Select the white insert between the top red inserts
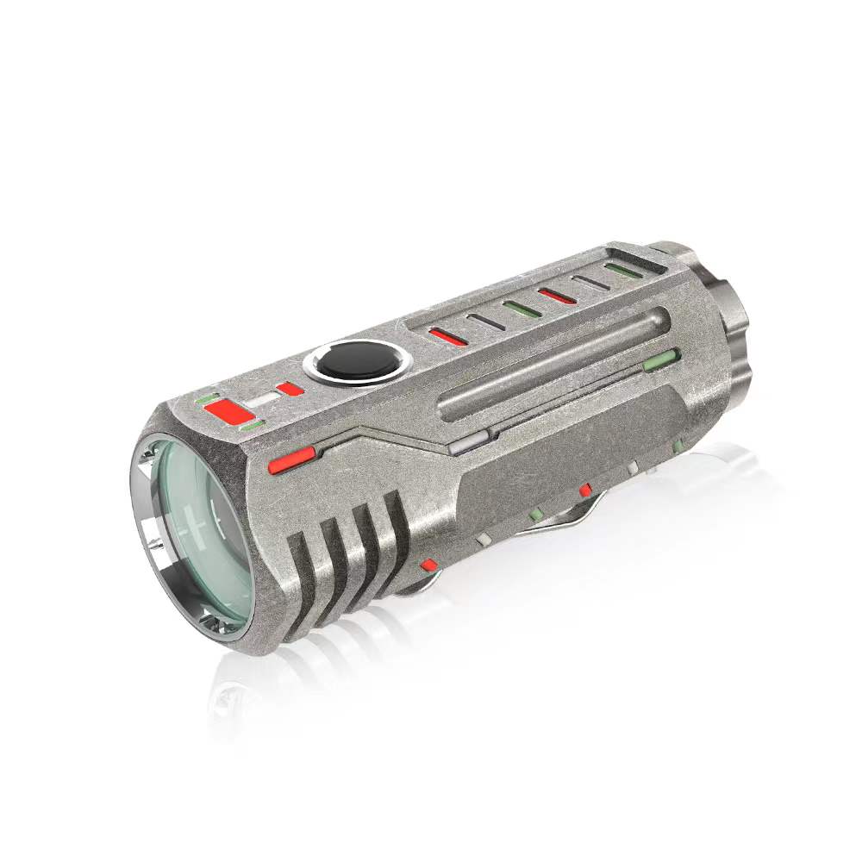click(x=262, y=402)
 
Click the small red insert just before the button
click(x=290, y=389)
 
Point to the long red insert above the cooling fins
click(x=290, y=463)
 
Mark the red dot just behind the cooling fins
click(x=428, y=565)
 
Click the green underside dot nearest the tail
click(x=678, y=446)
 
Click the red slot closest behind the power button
click(x=449, y=336)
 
